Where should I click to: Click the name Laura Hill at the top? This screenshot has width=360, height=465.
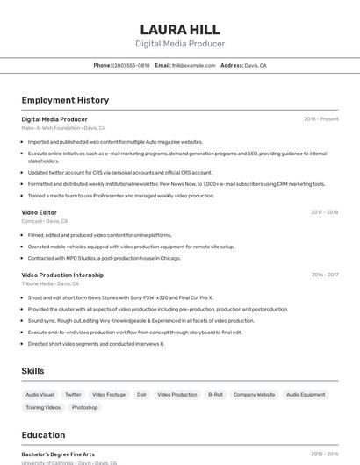(x=180, y=29)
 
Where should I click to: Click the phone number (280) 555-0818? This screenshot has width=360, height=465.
(x=131, y=65)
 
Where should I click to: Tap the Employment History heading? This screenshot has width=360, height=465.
(x=65, y=101)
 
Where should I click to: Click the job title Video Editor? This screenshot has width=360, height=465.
(x=40, y=211)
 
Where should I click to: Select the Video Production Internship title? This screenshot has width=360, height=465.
(x=62, y=275)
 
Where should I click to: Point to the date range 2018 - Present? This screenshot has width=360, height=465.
(x=320, y=119)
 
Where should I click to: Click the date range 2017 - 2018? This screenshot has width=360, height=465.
(x=324, y=212)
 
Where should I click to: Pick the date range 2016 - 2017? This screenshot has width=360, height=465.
(x=324, y=275)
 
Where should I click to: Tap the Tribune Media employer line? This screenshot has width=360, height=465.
(x=50, y=283)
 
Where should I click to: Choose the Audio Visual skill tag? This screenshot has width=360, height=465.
(x=40, y=395)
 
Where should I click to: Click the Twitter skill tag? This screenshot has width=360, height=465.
(x=73, y=395)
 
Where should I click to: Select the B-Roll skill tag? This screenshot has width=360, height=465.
(x=215, y=395)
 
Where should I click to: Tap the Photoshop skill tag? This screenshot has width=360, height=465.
(x=84, y=408)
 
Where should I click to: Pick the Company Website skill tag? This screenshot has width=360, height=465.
(x=254, y=395)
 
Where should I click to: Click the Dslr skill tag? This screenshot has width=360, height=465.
(x=141, y=395)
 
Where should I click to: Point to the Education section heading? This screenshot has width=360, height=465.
(x=43, y=435)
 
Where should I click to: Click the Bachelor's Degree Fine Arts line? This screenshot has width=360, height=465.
(x=58, y=454)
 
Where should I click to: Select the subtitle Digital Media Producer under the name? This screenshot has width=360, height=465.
(x=180, y=44)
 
